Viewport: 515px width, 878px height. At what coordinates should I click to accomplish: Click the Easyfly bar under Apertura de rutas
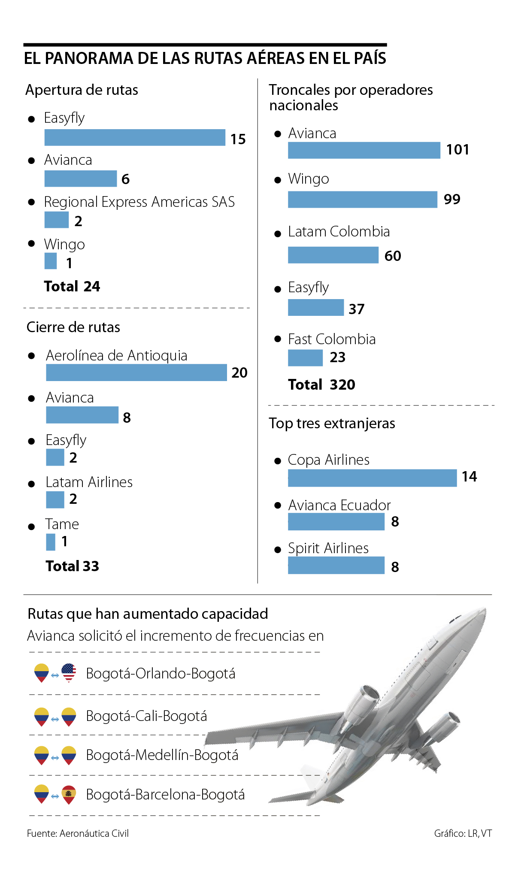[135, 137]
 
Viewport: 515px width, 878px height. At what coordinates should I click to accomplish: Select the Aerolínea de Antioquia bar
[136, 372]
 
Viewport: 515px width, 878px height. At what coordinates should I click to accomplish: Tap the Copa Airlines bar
[372, 478]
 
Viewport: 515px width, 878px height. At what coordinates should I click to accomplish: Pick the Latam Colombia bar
[333, 255]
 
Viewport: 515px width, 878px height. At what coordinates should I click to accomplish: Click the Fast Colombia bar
[305, 358]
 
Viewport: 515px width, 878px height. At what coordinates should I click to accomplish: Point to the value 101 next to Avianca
[457, 150]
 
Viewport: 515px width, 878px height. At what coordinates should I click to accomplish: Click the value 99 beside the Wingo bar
[452, 200]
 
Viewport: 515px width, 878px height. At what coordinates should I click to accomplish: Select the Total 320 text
[321, 385]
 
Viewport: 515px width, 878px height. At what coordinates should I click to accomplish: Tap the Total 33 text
[73, 566]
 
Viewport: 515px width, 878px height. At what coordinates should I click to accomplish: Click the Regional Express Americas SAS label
[139, 202]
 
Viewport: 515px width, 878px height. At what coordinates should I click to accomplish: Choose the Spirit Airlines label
[328, 548]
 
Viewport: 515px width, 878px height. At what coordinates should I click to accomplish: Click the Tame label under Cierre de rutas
[62, 524]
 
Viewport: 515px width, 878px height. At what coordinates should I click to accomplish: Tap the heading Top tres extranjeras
[332, 423]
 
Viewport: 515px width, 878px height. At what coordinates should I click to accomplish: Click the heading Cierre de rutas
[73, 327]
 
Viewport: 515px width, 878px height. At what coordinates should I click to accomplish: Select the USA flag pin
[69, 672]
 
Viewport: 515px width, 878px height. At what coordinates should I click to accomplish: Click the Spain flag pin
[69, 794]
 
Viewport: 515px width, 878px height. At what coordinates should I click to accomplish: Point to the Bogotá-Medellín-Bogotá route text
[162, 755]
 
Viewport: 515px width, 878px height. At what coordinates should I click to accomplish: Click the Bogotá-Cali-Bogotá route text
[146, 716]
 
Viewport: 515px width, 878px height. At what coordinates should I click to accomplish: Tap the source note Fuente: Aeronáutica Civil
[78, 833]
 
